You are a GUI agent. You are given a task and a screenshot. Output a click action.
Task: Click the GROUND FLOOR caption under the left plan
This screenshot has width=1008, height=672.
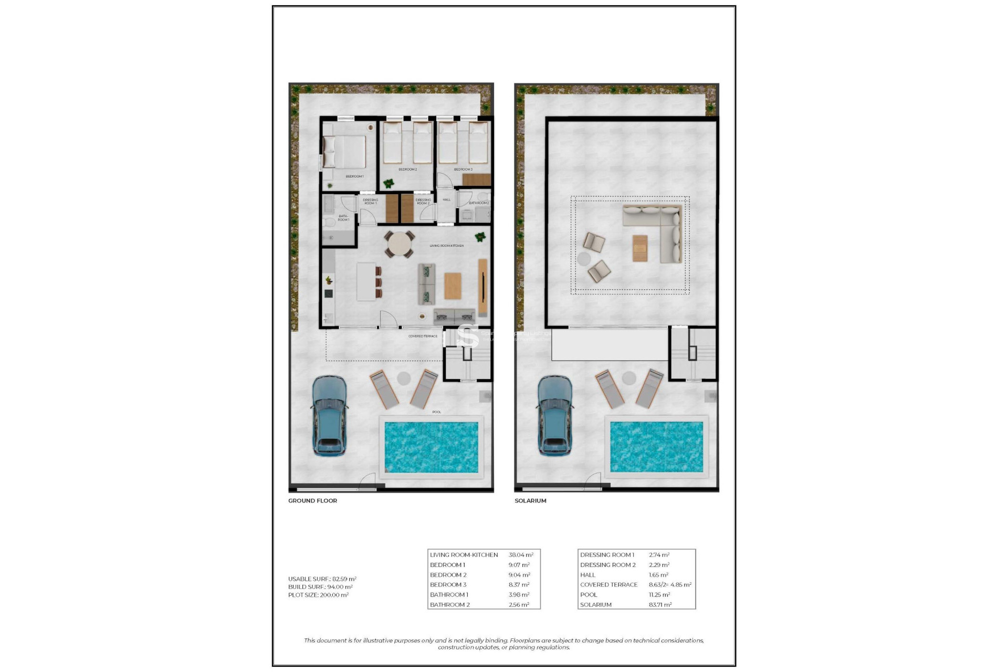coord(312,501)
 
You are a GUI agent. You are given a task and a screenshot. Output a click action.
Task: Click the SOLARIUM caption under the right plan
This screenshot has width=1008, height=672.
coord(530,501)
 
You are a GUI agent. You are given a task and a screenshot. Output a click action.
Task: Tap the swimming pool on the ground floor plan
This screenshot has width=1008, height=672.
coord(431,447)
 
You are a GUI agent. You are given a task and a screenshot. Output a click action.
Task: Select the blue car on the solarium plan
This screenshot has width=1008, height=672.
coord(555,415)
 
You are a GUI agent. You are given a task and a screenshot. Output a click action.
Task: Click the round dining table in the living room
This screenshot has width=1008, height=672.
coord(399,245)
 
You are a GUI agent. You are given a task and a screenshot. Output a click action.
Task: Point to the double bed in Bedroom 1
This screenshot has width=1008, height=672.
coord(345,152)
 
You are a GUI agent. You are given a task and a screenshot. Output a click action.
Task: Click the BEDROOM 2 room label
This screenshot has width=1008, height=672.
coord(407,170)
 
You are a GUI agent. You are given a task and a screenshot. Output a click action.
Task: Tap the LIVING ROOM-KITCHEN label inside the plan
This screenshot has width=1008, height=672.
coord(446,246)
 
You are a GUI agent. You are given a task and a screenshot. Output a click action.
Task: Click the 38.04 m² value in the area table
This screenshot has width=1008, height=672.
coord(521,555)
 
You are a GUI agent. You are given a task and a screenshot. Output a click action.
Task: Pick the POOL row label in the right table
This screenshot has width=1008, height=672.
coord(589,595)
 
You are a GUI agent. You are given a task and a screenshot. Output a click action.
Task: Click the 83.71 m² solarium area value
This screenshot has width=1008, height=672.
coord(660,605)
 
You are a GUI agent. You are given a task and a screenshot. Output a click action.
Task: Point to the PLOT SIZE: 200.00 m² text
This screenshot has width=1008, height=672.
coord(318,595)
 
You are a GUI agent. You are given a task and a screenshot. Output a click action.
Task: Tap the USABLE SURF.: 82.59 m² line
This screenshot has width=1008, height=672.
coord(322,579)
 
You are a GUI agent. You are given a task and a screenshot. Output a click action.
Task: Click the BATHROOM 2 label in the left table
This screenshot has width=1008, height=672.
coord(449,605)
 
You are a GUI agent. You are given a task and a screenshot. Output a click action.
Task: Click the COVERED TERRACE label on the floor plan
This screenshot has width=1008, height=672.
coord(423,336)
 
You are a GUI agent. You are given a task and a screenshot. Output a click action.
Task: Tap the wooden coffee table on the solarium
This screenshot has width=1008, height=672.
coord(640,248)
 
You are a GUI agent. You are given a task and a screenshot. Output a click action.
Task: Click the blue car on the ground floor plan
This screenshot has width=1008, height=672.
coord(329,415)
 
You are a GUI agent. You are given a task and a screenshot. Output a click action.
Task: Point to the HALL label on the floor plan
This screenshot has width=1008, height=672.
coord(446,199)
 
